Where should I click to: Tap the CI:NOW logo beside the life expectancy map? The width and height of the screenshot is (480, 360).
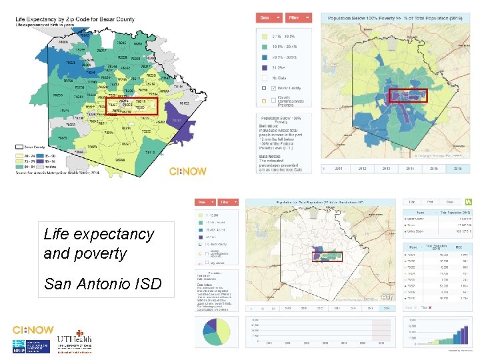coord(187,171)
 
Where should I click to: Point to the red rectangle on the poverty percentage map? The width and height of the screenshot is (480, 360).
coord(408,97)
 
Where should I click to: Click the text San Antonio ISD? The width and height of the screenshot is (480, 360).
coord(102,285)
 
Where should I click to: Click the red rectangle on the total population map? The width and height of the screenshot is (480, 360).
coord(327,255)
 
